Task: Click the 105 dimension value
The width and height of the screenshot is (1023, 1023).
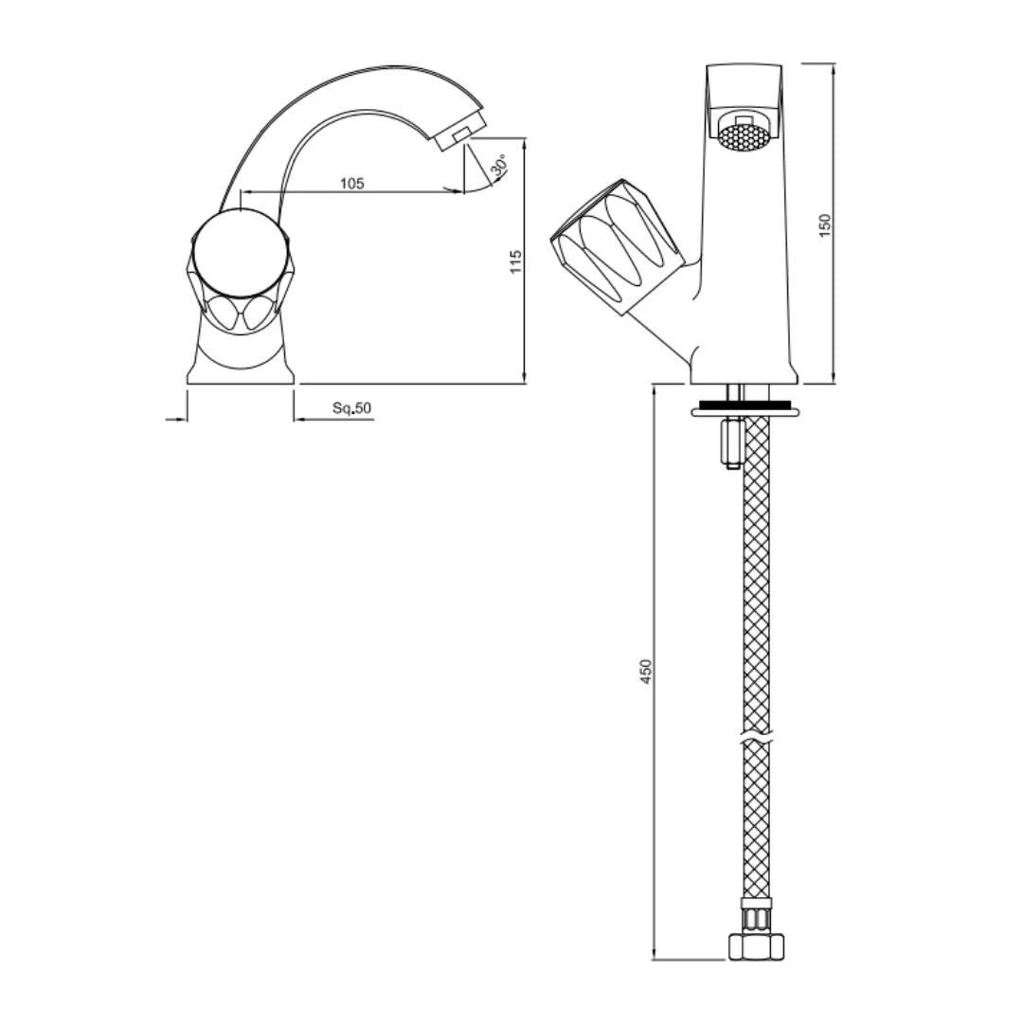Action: coord(352,184)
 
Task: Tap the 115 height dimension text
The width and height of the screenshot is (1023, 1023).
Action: coord(516,261)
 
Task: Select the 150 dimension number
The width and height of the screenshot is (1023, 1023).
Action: coord(825,224)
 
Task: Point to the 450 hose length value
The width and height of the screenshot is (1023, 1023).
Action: coord(647,672)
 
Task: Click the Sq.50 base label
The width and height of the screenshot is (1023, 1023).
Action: coord(352,408)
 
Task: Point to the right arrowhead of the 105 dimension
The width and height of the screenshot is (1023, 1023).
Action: coord(459,191)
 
